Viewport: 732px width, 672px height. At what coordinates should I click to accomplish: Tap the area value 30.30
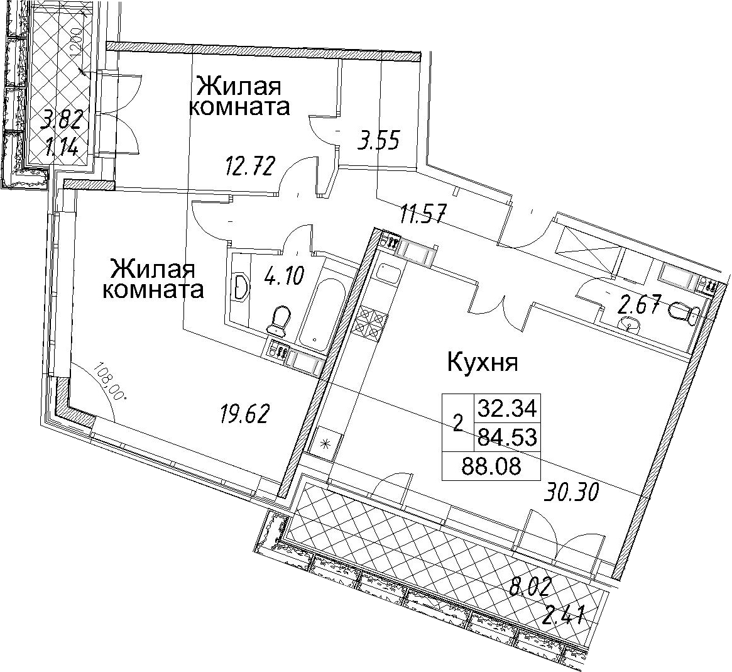pyautogui.click(x=570, y=493)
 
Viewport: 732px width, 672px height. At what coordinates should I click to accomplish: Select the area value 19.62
pyautogui.click(x=244, y=414)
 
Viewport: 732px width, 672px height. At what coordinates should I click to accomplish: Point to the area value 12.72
pyautogui.click(x=248, y=166)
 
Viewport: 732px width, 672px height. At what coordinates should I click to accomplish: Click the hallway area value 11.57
pyautogui.click(x=424, y=215)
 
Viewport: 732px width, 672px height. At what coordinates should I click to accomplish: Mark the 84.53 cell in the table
pyautogui.click(x=506, y=438)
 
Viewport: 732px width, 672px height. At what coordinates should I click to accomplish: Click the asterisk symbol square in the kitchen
pyautogui.click(x=325, y=441)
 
